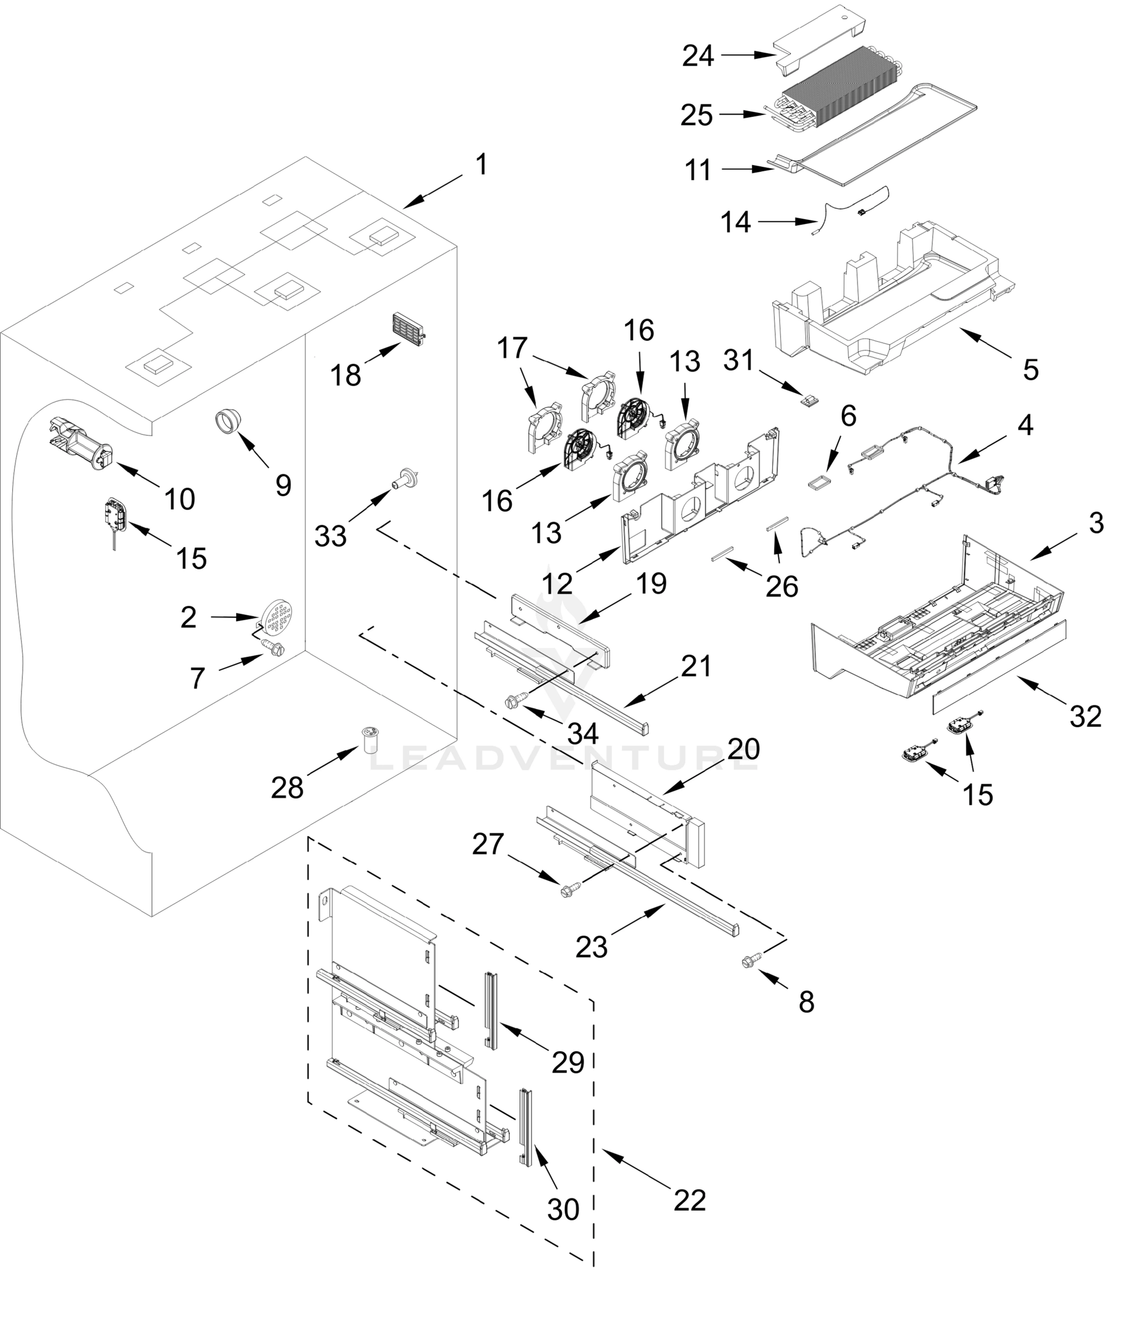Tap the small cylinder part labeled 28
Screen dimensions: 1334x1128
coord(370,740)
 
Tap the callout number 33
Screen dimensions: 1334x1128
coord(331,536)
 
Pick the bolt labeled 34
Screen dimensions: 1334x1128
coord(515,702)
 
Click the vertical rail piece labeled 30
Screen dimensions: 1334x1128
coord(526,1127)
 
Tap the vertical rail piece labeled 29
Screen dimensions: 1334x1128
coord(491,1011)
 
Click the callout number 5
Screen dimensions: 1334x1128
coord(1031,369)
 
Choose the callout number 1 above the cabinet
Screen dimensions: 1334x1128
coord(482,165)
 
